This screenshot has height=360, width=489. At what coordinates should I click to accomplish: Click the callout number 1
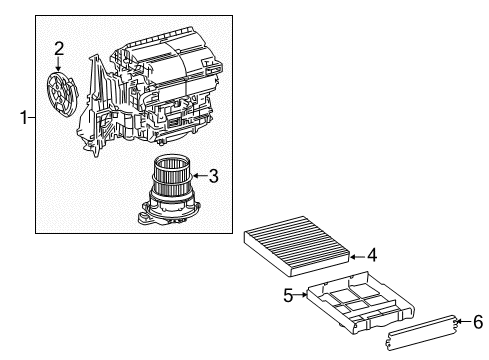click(x=21, y=118)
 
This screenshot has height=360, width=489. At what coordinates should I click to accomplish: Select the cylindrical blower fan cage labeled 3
click(x=174, y=176)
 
